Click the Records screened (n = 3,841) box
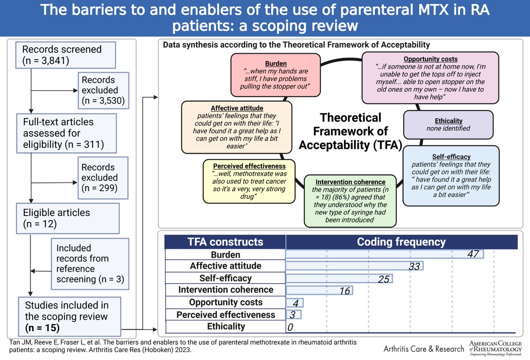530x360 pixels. tap(66, 55)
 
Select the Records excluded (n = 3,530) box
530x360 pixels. tap(104, 90)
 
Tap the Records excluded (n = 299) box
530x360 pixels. tap(104, 178)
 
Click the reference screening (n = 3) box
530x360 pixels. tap(90, 264)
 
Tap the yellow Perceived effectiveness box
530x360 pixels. tap(249, 181)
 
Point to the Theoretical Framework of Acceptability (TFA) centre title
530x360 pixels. tap(350, 131)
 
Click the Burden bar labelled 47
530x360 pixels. tap(384, 254)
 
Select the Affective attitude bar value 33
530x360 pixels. tap(413, 266)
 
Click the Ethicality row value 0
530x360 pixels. tap(290, 327)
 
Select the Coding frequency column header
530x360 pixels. tap(401, 242)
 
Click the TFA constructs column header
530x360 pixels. tap(225, 242)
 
